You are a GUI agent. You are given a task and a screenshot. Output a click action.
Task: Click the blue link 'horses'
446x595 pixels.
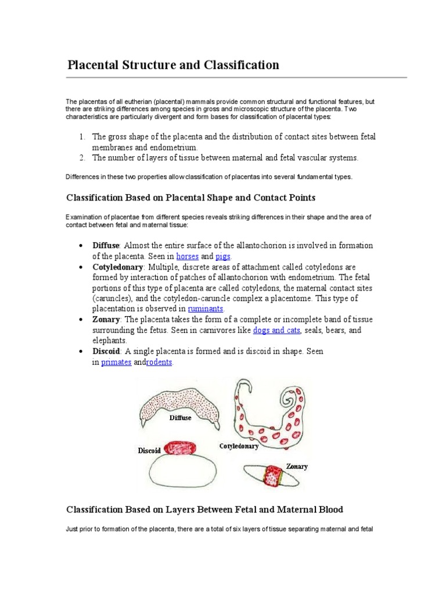[188, 256]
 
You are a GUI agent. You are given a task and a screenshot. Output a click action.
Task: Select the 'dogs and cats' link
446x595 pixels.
[277, 330]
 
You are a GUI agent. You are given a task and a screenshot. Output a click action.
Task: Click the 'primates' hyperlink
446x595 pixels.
[116, 362]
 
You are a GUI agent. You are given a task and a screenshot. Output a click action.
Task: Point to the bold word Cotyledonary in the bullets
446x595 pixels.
[118, 267]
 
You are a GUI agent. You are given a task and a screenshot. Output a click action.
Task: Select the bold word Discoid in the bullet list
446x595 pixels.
[107, 352]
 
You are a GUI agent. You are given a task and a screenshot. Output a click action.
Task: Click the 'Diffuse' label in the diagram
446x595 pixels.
[180, 418]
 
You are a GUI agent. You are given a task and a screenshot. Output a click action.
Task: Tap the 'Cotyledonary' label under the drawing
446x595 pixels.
[239, 446]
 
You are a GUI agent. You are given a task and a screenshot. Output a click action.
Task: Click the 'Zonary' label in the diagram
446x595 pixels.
[297, 466]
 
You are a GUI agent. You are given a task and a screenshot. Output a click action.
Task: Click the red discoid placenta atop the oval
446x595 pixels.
[182, 448]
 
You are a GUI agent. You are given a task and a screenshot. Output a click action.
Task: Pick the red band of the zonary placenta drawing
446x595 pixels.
[272, 475]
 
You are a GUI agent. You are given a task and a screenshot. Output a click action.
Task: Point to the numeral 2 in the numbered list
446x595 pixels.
[81, 157]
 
